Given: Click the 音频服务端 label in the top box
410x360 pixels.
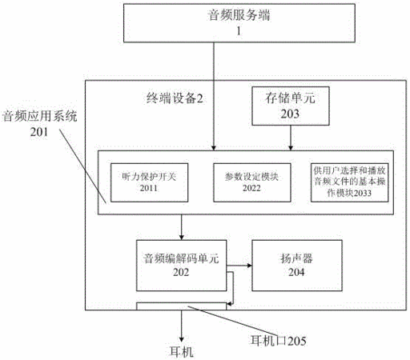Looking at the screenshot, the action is [x=239, y=15].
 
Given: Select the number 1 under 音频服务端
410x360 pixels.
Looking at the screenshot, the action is [x=239, y=31].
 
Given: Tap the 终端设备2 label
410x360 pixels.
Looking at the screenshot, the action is [x=175, y=98].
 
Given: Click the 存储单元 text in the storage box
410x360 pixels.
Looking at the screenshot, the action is [x=290, y=98].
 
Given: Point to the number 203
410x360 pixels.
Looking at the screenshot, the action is [x=290, y=114].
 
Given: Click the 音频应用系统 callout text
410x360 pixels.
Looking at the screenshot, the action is [x=40, y=116].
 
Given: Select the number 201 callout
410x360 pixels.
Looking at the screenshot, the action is [x=39, y=132].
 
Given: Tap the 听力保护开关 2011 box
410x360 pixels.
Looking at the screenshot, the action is [x=149, y=182].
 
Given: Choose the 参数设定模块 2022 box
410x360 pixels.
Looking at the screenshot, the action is [x=252, y=182].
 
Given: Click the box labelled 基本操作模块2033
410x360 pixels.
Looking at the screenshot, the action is [x=349, y=182].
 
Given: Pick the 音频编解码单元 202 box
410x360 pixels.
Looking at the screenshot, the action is [x=182, y=266].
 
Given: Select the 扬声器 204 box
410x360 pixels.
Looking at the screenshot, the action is [x=297, y=266].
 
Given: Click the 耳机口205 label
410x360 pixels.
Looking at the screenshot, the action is [x=279, y=341].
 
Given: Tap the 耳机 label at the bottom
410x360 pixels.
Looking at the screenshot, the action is [x=182, y=352].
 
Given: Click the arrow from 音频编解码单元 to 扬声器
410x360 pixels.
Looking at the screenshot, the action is [x=239, y=266].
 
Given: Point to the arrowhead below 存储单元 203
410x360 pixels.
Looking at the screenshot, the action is [x=291, y=148].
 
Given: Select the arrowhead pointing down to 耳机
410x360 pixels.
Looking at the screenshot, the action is [x=182, y=339].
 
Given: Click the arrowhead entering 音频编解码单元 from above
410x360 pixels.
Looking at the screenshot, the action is [x=182, y=237].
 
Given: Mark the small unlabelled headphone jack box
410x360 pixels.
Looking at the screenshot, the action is [x=182, y=306].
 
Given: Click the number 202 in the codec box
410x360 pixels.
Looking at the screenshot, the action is [x=181, y=272].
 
